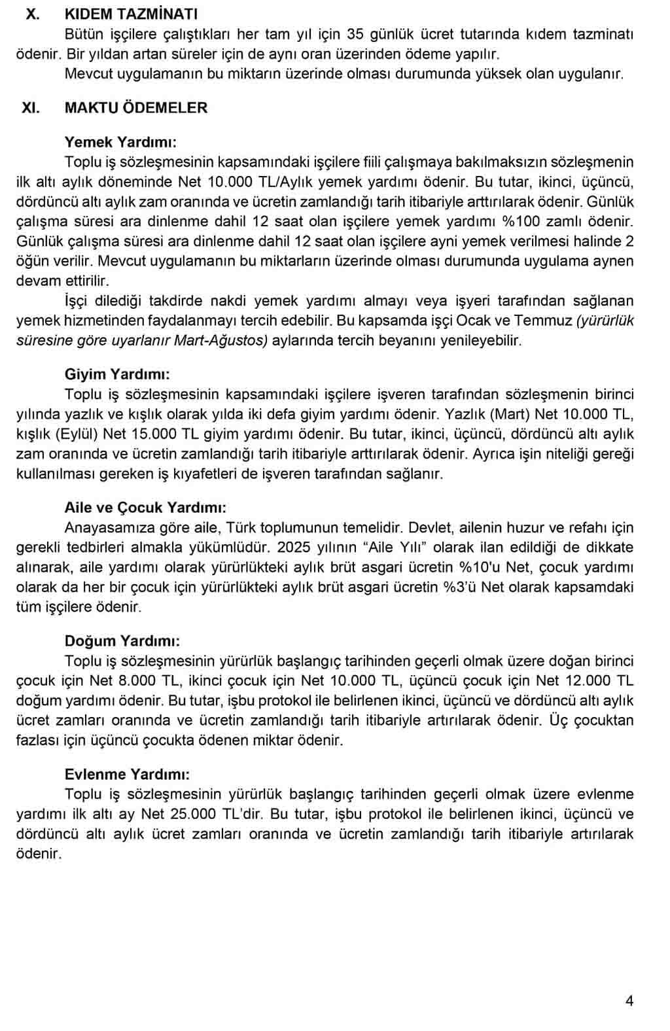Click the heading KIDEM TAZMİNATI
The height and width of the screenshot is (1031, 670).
131,14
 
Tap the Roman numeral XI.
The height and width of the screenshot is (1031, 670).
31,108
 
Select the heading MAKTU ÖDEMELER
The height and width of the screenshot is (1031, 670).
136,108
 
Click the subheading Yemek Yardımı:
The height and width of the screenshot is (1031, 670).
120,142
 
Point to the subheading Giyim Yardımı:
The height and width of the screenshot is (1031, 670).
117,374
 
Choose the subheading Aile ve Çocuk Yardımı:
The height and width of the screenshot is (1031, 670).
146,508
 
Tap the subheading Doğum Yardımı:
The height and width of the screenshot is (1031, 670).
122,641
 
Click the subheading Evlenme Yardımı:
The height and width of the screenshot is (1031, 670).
128,775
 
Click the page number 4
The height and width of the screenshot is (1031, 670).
629,1000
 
